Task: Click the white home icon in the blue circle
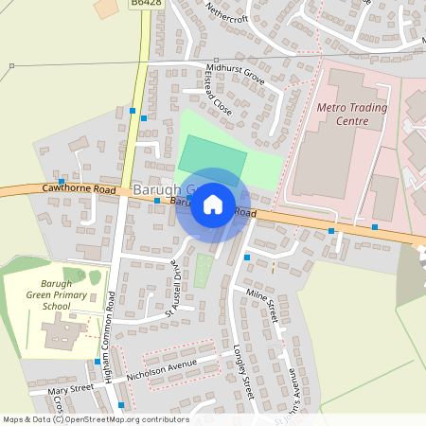[x=213, y=204]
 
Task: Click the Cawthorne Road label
[x=79, y=189]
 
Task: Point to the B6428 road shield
[x=144, y=5]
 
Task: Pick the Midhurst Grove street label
[x=236, y=72]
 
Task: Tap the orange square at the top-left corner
[x=102, y=8]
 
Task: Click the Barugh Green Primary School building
[x=62, y=332]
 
